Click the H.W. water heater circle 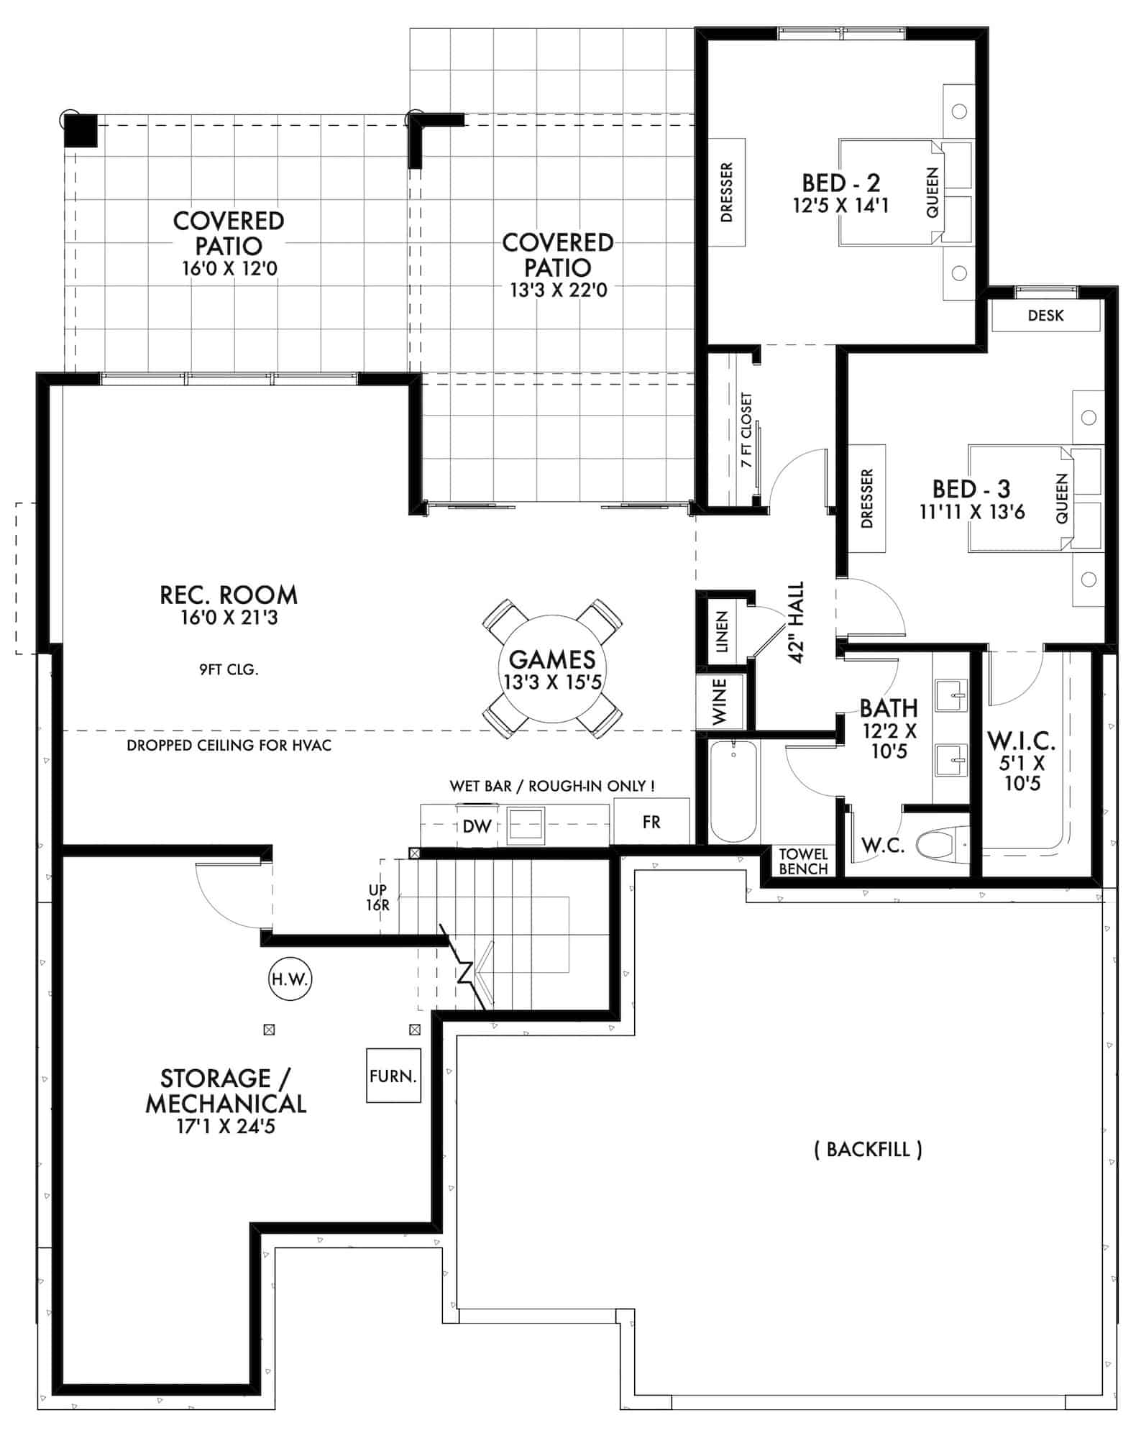[290, 979]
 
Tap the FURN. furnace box [393, 1076]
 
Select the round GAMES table [552, 669]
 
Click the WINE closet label [720, 700]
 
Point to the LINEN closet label [722, 632]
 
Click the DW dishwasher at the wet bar [476, 826]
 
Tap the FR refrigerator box [651, 822]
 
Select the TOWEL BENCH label [803, 861]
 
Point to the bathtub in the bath [733, 792]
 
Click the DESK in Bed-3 [1045, 316]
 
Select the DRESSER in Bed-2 [726, 192]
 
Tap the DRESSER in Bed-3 [866, 498]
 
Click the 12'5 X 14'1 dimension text [840, 206]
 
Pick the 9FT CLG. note [229, 670]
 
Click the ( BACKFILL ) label [868, 1149]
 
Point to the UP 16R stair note [378, 898]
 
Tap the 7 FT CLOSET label [746, 430]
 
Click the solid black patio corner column [80, 131]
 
